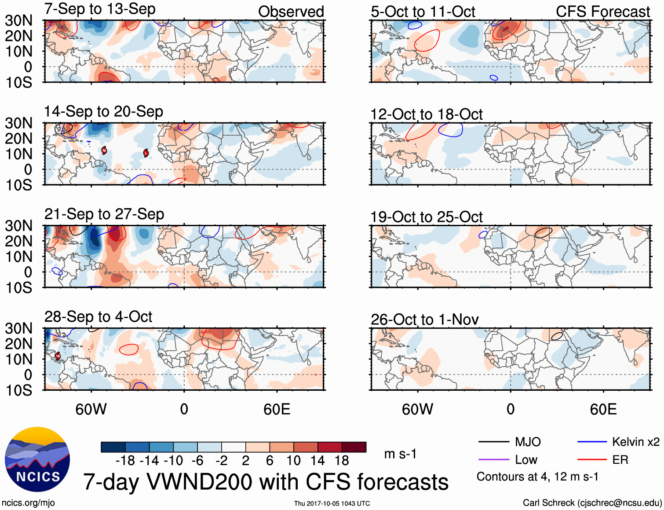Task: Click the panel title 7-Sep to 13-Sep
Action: pyautogui.click(x=100, y=9)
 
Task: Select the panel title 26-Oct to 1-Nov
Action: pyautogui.click(x=424, y=319)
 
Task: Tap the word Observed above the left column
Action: pyautogui.click(x=291, y=12)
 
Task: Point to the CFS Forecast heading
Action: pyautogui.click(x=602, y=12)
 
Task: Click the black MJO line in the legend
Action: pyautogui.click(x=493, y=442)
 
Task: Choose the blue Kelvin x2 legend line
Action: pyautogui.click(x=592, y=442)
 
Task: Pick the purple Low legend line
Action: pyautogui.click(x=493, y=460)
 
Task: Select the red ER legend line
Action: pyautogui.click(x=592, y=460)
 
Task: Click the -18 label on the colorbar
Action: pyautogui.click(x=125, y=461)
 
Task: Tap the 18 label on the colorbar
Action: pyautogui.click(x=342, y=461)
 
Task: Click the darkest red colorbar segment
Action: pyautogui.click(x=354, y=447)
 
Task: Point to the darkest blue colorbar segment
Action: pyautogui.click(x=113, y=447)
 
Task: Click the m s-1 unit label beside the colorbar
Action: pyautogui.click(x=400, y=454)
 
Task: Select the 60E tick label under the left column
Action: pyautogui.click(x=277, y=410)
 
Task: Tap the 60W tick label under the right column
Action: pyautogui.click(x=417, y=410)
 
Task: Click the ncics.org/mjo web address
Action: pyautogui.click(x=28, y=503)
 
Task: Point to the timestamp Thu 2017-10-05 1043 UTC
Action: pyautogui.click(x=332, y=503)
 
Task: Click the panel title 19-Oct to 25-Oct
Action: pyautogui.click(x=426, y=217)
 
